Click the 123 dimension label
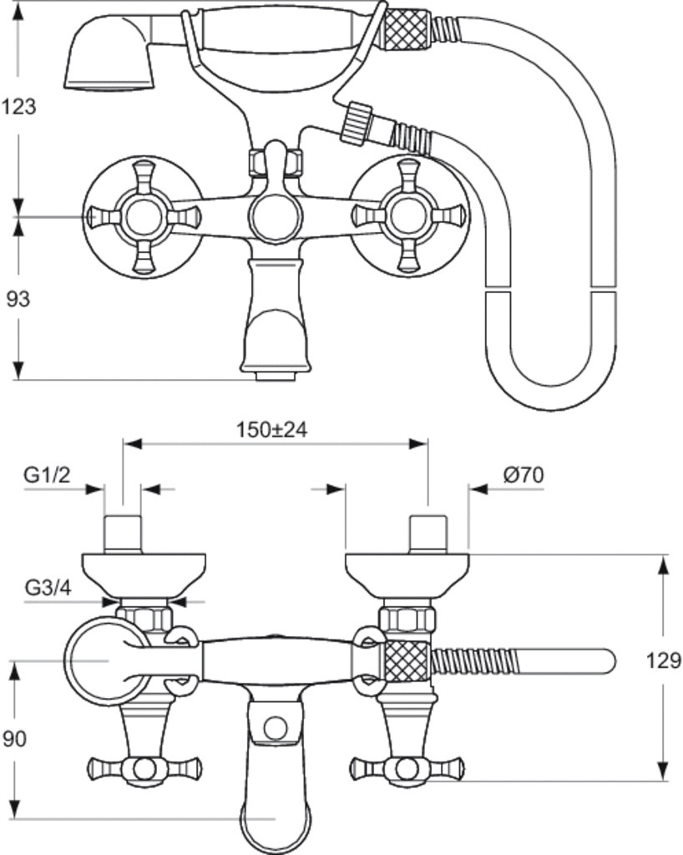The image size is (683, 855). click(19, 107)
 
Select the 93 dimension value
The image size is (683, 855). click(18, 298)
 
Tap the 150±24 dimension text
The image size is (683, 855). click(271, 429)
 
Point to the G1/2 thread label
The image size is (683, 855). click(47, 475)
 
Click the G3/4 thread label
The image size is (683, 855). click(48, 587)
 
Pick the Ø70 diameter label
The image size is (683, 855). click(524, 475)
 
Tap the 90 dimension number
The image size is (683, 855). click(16, 738)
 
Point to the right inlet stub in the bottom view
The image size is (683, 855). click(428, 534)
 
